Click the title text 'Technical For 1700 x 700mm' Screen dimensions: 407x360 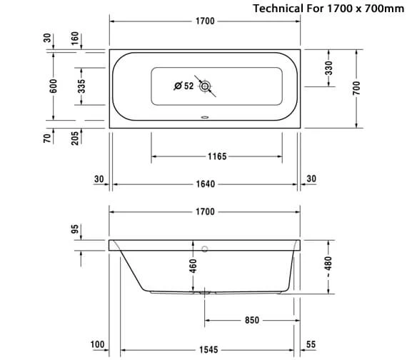[x=328, y=9]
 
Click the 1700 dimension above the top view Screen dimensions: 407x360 [x=205, y=21]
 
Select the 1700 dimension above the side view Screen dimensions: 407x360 [x=205, y=211]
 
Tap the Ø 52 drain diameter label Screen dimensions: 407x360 [x=184, y=86]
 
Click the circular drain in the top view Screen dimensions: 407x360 [x=205, y=86]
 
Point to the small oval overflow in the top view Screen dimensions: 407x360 [x=205, y=117]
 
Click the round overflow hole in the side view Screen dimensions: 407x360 [x=205, y=249]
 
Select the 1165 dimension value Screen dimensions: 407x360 [x=217, y=156]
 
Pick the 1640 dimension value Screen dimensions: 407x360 [x=206, y=184]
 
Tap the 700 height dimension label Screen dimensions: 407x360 [x=356, y=88]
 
